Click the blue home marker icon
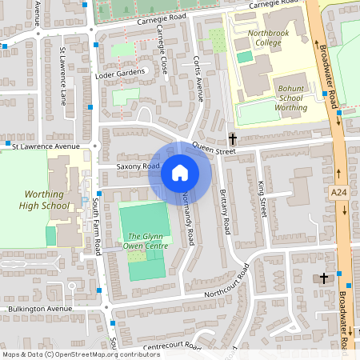(x=180, y=173)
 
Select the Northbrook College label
(x=268, y=38)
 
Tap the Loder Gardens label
(x=121, y=73)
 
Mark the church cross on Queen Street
(x=233, y=138)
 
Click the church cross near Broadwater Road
(x=324, y=278)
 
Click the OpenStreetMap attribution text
(x=81, y=354)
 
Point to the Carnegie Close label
(x=163, y=50)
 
